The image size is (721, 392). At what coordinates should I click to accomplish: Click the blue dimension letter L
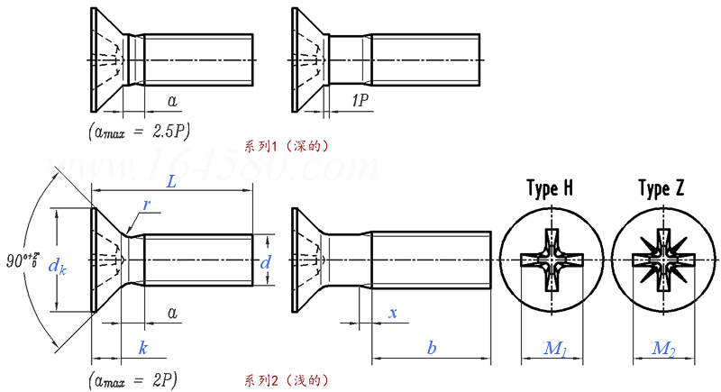170,181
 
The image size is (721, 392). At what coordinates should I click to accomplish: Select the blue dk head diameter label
56,267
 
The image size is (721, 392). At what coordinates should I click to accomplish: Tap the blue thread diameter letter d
265,263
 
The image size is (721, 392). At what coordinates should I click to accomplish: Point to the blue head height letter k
142,348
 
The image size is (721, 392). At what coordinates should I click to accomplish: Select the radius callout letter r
146,205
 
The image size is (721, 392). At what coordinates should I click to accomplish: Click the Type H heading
549,189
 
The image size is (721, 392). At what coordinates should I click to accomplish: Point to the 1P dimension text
357,102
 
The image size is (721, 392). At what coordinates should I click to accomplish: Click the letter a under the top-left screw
172,101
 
